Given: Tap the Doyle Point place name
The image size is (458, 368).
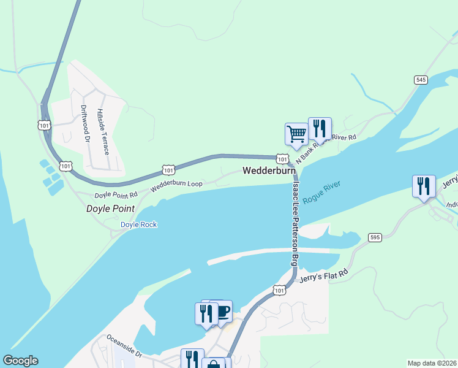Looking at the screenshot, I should [110, 209].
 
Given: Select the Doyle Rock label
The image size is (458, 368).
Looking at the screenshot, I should [138, 224].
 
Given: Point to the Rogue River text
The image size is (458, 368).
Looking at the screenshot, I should [321, 193].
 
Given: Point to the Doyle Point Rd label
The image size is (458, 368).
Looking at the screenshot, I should [116, 194].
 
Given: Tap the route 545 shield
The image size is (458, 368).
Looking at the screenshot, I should [420, 80].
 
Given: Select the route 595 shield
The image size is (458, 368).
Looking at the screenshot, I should [375, 237].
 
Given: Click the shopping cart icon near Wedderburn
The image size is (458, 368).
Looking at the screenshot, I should [296, 134].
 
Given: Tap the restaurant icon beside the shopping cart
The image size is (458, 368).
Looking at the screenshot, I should [320, 128].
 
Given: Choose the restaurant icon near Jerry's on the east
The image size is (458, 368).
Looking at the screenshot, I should [424, 186].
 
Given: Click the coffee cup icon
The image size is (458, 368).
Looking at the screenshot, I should [223, 310].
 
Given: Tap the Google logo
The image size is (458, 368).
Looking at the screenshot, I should [20, 361].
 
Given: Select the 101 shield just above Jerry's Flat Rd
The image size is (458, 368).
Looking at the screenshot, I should [279, 289].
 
